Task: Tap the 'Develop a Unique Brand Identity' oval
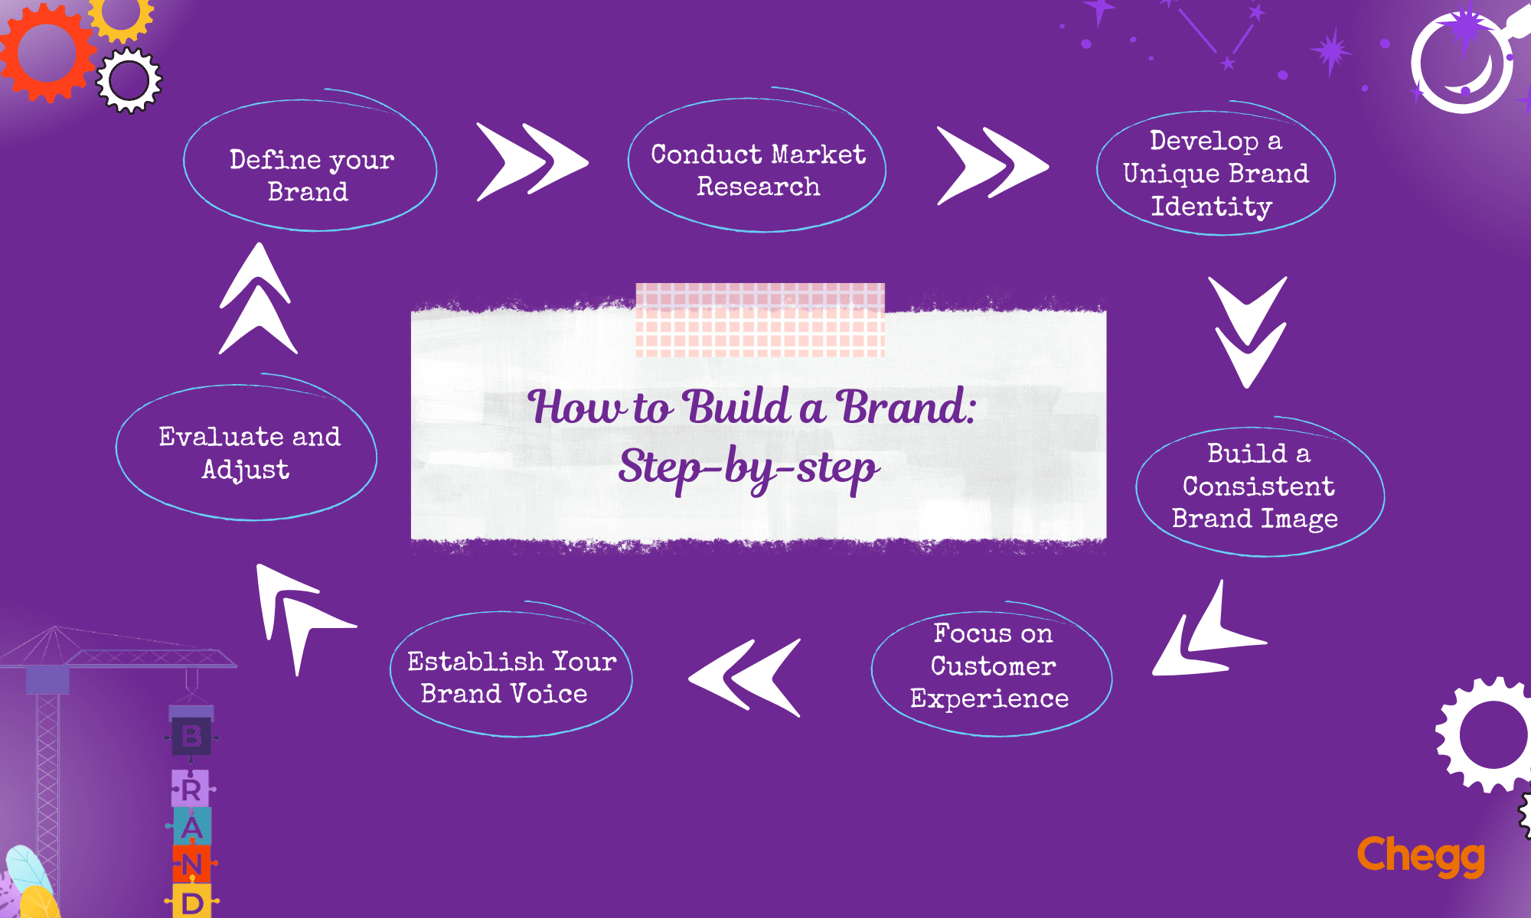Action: pyautogui.click(x=1216, y=174)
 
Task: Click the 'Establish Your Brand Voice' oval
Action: pyautogui.click(x=511, y=675)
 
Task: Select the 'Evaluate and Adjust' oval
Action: pyautogui.click(x=246, y=452)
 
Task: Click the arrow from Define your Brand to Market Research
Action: pyautogui.click(x=532, y=162)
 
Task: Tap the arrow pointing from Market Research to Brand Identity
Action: pyautogui.click(x=992, y=165)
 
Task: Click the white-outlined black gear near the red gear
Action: pyautogui.click(x=129, y=80)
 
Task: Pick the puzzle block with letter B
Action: pyautogui.click(x=191, y=737)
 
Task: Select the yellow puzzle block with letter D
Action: pyautogui.click(x=191, y=903)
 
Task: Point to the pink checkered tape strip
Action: pyautogui.click(x=760, y=320)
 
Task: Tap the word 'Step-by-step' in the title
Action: pyautogui.click(x=749, y=467)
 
